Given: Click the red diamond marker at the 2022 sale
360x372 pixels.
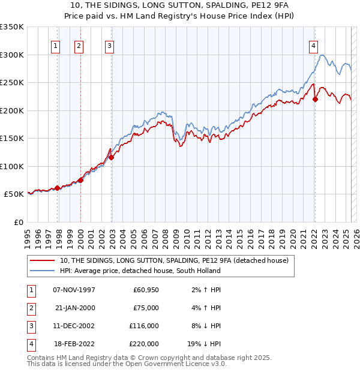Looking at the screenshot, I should (316, 100).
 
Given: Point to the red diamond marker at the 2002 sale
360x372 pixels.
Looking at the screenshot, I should (111, 158).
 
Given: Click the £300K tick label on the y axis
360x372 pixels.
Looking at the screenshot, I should (12, 55).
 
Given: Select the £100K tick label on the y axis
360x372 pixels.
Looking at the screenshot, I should (12, 166).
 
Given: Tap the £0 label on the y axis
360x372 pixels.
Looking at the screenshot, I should (17, 222).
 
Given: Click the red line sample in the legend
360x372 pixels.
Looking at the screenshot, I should (43, 260).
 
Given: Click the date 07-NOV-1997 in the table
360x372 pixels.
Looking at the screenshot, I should (74, 290).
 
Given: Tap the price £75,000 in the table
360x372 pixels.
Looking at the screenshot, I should (146, 308).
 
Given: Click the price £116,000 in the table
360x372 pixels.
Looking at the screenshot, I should (143, 326).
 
